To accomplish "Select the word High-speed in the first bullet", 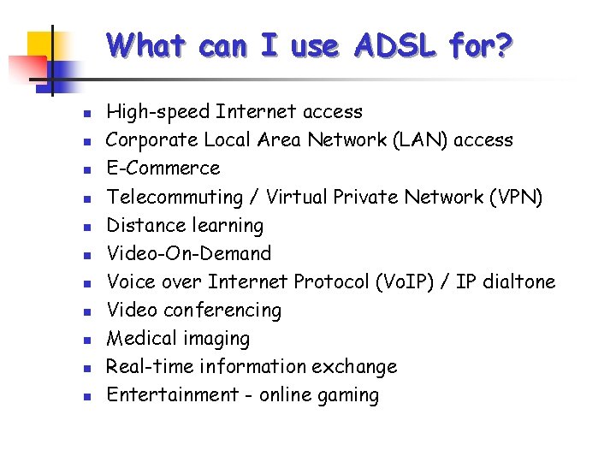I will [x=158, y=111].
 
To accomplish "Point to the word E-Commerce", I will [x=163, y=168].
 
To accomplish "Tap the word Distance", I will [x=141, y=225].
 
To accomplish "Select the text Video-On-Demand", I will [x=188, y=253].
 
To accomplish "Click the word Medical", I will [x=139, y=338].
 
